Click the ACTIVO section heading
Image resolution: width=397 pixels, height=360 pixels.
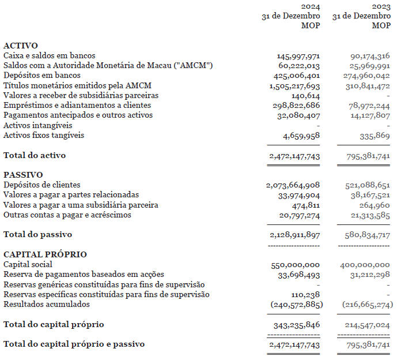click(21, 46)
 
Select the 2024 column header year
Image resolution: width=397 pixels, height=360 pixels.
click(311, 6)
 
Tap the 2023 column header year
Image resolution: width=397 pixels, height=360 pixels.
click(381, 6)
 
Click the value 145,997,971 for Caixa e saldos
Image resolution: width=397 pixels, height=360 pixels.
click(298, 56)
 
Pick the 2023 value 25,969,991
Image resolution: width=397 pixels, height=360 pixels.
click(369, 66)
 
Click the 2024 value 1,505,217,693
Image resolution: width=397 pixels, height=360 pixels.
click(294, 86)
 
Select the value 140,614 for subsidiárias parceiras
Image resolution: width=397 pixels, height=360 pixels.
click(306, 96)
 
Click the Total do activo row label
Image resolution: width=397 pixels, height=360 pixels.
click(35, 155)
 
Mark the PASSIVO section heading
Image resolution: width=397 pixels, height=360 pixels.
click(23, 175)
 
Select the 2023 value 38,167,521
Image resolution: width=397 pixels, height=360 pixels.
click(369, 195)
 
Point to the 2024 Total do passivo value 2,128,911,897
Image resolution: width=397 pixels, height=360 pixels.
click(293, 235)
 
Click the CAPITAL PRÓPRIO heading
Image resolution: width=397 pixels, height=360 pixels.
click(45, 254)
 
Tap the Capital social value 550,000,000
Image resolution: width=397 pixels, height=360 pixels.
click(296, 265)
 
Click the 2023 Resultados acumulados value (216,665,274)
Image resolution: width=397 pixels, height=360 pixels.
click(367, 304)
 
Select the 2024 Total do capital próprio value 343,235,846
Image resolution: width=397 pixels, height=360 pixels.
click(296, 325)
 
